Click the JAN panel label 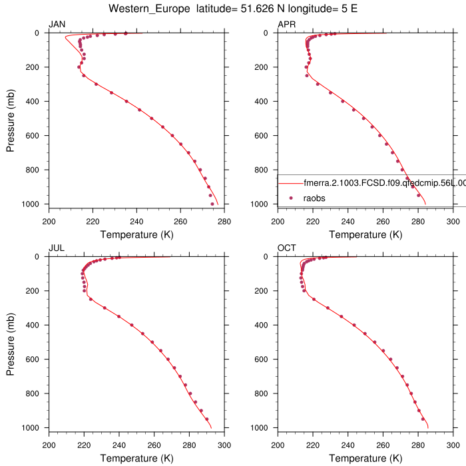tap(57, 25)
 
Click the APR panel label tap(286, 25)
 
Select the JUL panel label tap(56, 248)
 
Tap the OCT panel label tap(286, 248)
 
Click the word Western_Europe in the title tap(146, 9)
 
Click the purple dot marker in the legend tap(291, 198)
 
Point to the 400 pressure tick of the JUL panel tap(35, 325)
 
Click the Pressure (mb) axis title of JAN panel tap(11, 118)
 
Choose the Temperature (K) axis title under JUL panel tap(136, 458)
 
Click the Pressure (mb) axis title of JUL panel tap(11, 342)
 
